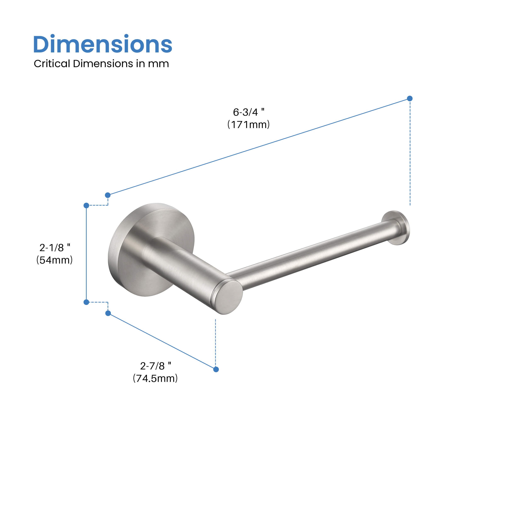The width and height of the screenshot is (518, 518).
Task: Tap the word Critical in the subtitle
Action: [51, 64]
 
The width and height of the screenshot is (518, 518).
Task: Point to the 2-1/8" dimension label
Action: [55, 247]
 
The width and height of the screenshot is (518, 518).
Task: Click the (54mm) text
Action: [54, 260]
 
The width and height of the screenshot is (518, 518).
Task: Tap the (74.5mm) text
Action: [155, 378]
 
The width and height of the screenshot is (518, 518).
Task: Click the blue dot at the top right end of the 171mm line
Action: [410, 98]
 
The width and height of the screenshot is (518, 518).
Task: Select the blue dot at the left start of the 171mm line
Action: [108, 195]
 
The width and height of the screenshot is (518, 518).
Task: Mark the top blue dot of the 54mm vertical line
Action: [86, 205]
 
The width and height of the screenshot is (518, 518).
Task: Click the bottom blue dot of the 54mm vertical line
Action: [86, 302]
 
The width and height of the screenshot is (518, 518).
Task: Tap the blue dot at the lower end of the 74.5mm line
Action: [216, 369]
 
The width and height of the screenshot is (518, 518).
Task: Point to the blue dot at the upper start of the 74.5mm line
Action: [108, 313]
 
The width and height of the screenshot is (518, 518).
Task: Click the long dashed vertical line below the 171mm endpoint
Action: [410, 153]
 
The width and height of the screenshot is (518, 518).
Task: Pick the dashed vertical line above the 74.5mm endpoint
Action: [215, 343]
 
